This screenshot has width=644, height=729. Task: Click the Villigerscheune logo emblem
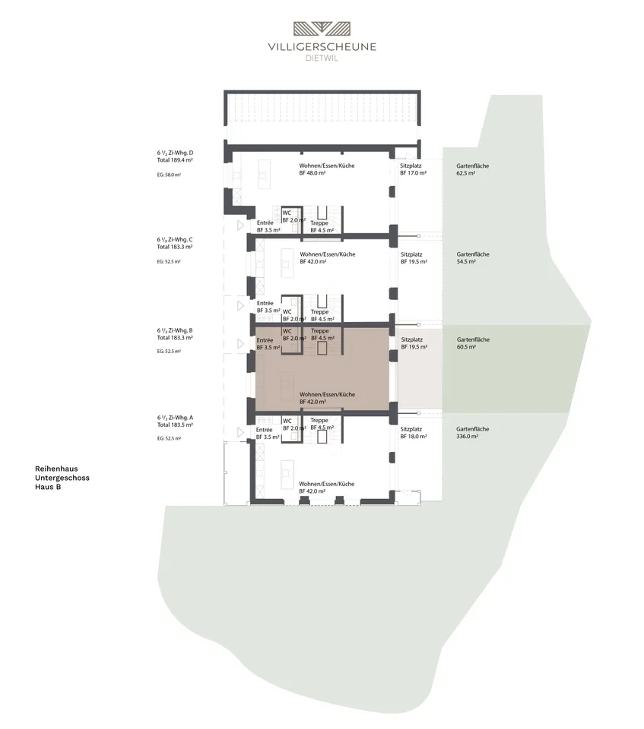[322, 29]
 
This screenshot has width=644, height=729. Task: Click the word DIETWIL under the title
[322, 58]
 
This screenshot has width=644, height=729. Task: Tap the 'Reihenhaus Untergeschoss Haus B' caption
[62, 478]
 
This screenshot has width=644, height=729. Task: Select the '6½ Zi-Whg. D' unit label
[175, 153]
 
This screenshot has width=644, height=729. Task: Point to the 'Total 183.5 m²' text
[175, 425]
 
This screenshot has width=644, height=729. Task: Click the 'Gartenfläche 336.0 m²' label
[473, 433]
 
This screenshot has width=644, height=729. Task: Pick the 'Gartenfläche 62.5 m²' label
[473, 169]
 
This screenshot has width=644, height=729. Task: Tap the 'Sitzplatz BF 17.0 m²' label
[413, 169]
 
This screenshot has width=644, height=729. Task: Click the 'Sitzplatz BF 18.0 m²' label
[414, 433]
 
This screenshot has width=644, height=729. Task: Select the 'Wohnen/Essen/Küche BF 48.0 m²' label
[327, 169]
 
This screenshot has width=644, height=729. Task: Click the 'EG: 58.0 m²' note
[169, 175]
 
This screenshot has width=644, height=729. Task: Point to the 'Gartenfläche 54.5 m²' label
[473, 258]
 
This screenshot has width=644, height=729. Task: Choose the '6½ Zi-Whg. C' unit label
[175, 239]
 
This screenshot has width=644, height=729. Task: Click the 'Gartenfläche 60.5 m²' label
[473, 343]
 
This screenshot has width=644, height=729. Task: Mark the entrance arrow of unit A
[240, 432]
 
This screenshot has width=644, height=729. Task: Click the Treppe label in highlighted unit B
[320, 331]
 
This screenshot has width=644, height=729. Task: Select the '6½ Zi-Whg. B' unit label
[175, 330]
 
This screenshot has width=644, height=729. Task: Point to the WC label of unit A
[287, 421]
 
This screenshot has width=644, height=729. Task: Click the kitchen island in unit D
[264, 175]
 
